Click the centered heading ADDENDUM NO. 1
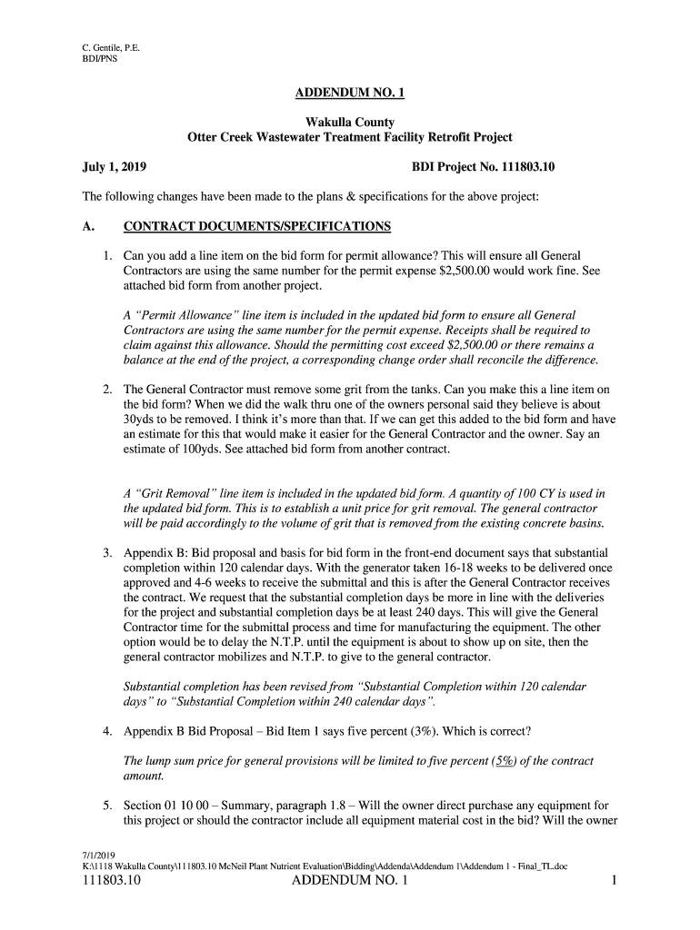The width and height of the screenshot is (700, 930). point(349,94)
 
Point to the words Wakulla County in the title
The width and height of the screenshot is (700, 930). point(349,122)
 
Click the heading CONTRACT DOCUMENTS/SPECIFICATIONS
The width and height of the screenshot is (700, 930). point(257,226)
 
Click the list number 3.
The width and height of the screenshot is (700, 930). point(106,553)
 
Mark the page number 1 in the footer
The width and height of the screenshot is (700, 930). point(615,881)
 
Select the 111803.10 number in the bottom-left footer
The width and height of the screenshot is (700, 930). point(112,881)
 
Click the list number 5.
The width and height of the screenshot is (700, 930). point(106,806)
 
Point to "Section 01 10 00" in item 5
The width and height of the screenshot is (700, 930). point(172,806)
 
